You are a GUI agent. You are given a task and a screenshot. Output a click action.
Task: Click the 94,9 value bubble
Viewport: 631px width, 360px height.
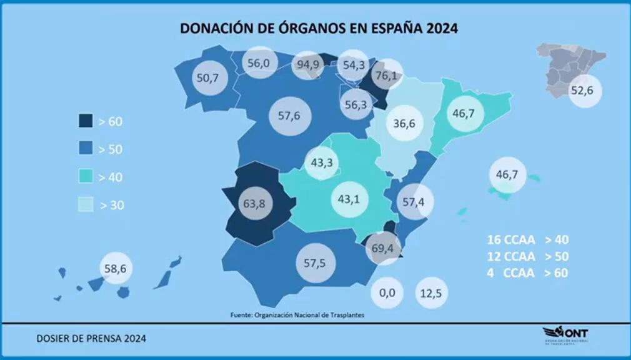point(308,65)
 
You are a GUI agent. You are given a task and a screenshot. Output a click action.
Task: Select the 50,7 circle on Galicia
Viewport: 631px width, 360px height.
point(207,78)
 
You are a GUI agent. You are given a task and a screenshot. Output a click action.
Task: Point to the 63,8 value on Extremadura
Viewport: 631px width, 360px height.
point(253,203)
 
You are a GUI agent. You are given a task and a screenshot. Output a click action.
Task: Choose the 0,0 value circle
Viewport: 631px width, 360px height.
point(388,292)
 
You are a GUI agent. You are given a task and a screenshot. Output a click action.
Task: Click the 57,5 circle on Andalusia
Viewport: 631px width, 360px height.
point(314,263)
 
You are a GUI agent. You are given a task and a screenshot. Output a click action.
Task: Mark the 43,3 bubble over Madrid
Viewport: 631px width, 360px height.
point(322,162)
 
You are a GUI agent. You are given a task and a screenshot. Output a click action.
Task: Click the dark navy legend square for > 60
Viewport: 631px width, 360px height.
point(86,121)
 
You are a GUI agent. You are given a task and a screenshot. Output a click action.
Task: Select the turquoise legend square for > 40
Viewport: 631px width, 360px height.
point(86,177)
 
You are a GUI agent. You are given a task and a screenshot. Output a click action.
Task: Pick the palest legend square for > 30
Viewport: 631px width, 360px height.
point(86,205)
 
